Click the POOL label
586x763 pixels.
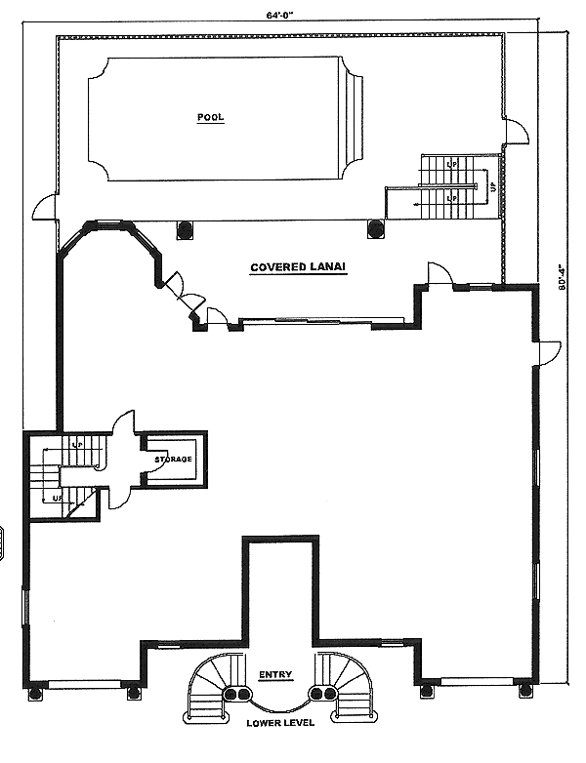pos(210,117)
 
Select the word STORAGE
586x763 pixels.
pos(173,459)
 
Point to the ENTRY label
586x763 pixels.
pos(274,675)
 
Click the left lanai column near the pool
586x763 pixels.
pos(184,230)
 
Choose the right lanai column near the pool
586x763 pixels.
pos(375,230)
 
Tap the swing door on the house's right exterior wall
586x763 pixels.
pos(550,351)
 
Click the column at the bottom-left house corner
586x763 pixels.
pos(36,694)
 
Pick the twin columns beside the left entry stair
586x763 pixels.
pos(236,694)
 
